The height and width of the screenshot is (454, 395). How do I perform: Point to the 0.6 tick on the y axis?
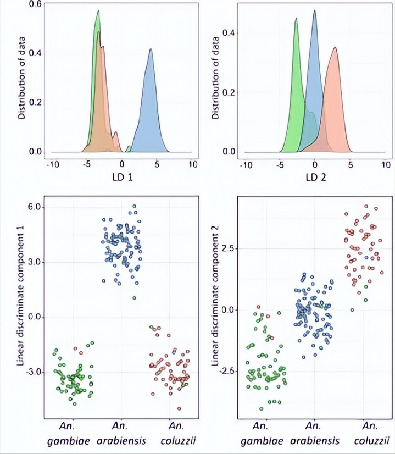(36, 4)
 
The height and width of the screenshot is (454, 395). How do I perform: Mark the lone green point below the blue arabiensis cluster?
(134, 298)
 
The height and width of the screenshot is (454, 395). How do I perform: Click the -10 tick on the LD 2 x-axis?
(246, 164)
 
